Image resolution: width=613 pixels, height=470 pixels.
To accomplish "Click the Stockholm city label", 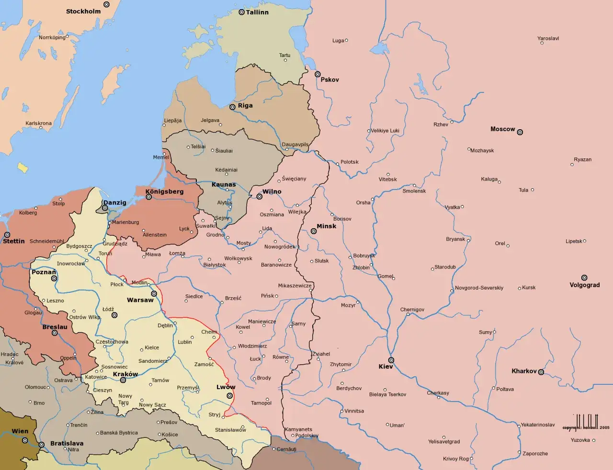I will coord(83,11).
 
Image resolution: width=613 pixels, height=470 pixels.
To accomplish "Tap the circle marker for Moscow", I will coord(520,132).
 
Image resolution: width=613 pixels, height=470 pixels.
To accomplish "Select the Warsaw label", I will coord(140,300).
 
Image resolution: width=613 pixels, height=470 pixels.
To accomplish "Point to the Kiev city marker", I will coord(391,360).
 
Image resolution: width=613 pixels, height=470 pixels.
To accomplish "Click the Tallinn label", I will coord(257,12).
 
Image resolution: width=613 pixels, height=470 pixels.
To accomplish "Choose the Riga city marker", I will coord(232,107).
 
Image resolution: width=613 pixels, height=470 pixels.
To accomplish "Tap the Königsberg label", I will coord(164,191).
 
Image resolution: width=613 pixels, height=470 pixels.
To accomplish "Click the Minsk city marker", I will coord(314,231).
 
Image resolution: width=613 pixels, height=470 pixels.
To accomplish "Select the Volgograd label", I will coord(584,285).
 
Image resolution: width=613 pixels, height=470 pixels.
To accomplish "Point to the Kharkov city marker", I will coord(541,372).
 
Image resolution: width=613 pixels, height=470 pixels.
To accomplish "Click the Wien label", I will coord(20,431).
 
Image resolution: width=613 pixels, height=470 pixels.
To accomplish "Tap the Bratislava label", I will coord(67,443).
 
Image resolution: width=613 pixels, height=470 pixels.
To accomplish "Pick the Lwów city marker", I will coord(230,396).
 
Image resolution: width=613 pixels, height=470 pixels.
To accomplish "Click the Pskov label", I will coord(329,79).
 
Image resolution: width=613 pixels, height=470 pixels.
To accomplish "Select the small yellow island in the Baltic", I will coord(23,167).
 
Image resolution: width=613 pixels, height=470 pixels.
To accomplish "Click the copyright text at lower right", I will coord(586,427).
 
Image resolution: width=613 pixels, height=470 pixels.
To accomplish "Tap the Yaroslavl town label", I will coord(548,38).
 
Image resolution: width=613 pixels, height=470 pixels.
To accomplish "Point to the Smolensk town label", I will coord(414,191).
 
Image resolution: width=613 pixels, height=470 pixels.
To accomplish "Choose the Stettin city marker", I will coord(7,235).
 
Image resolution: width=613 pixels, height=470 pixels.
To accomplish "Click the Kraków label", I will coord(125,374).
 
